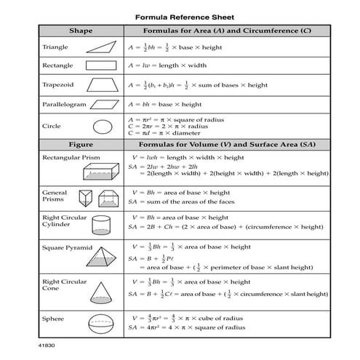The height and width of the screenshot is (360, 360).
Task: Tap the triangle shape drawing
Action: click(x=102, y=46)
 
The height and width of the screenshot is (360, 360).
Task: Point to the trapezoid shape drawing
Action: click(x=101, y=84)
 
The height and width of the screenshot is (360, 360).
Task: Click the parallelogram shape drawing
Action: click(x=101, y=104)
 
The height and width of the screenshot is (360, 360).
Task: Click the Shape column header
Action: click(x=80, y=31)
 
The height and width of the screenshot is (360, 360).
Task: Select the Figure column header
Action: click(x=80, y=144)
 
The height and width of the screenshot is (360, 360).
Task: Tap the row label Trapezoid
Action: click(x=59, y=84)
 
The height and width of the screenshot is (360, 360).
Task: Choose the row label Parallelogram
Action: click(x=63, y=105)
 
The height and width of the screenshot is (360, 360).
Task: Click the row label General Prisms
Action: click(x=55, y=196)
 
